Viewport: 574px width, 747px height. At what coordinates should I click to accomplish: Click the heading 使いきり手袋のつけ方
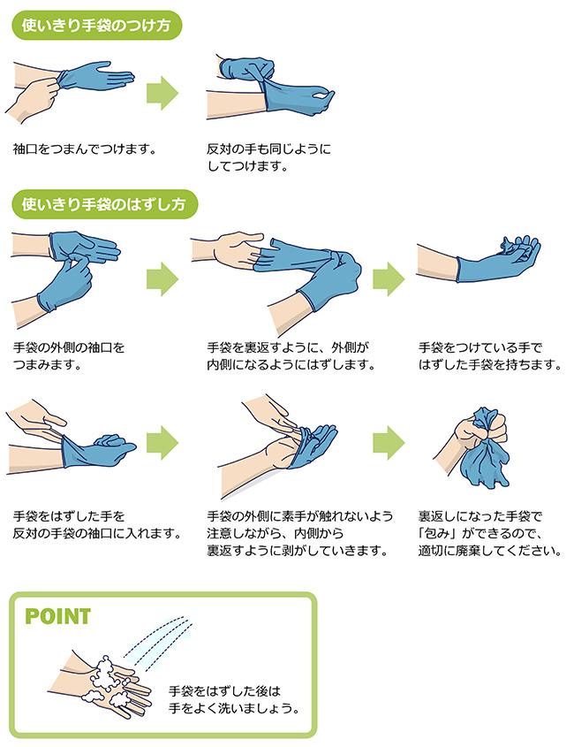[x=96, y=26]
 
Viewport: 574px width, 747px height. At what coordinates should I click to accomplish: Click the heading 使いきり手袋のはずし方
[x=103, y=204]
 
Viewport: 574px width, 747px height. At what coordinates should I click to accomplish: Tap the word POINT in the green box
[x=57, y=616]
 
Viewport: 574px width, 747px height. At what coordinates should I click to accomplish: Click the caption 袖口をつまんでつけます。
[x=85, y=149]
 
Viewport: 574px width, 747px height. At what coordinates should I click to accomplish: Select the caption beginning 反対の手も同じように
[x=268, y=157]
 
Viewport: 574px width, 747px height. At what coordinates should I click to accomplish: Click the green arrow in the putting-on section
[x=162, y=93]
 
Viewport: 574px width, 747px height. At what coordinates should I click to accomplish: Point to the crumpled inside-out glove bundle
[x=481, y=448]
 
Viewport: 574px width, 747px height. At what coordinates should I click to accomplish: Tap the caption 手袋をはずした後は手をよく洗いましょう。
[x=234, y=699]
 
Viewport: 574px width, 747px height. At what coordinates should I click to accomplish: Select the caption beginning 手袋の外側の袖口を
[x=69, y=356]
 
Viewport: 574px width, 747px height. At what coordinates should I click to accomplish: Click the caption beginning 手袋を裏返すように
[x=291, y=356]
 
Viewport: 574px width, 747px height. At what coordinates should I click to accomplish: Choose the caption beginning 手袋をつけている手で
[x=490, y=356]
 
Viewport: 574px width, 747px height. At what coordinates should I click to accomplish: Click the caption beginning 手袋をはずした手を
[x=97, y=524]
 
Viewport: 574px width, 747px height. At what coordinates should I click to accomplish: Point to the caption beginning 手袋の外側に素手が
[x=300, y=533]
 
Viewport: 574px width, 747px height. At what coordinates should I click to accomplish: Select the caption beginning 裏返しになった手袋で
[x=490, y=533]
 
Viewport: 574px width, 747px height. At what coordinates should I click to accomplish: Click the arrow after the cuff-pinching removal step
[x=162, y=278]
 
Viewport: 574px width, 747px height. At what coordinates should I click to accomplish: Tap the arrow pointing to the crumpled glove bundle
[x=389, y=443]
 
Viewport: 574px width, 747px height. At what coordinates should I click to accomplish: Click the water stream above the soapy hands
[x=158, y=643]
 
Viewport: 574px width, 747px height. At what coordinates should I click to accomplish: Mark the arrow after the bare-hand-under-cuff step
[x=162, y=443]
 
